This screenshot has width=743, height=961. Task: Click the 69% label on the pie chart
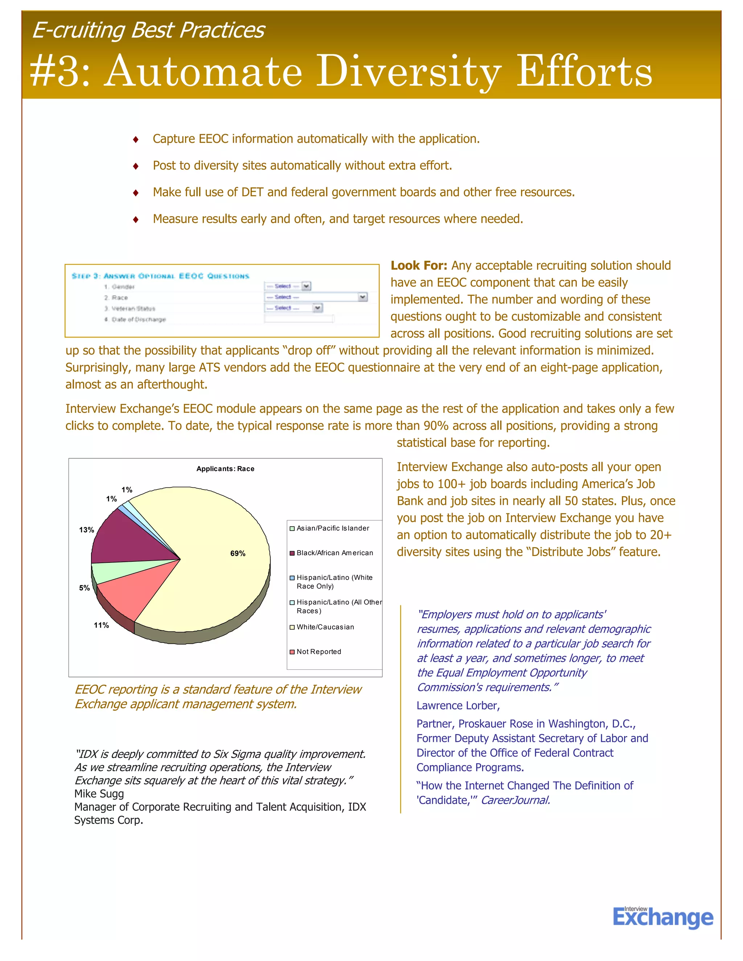pyautogui.click(x=238, y=553)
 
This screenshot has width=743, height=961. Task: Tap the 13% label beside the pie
pyautogui.click(x=86, y=530)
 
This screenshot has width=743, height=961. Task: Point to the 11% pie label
pyautogui.click(x=101, y=625)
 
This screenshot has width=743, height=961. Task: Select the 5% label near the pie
pyautogui.click(x=85, y=588)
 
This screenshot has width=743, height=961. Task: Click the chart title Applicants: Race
pyautogui.click(x=225, y=469)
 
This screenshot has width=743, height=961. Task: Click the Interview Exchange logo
pyautogui.click(x=662, y=917)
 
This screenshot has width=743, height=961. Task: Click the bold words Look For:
pyautogui.click(x=419, y=266)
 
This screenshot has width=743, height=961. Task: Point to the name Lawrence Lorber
pyautogui.click(x=458, y=706)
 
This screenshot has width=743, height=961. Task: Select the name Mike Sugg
pyautogui.click(x=99, y=794)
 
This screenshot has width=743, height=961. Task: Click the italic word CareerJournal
pyautogui.click(x=515, y=800)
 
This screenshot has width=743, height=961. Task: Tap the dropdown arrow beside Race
pyautogui.click(x=362, y=297)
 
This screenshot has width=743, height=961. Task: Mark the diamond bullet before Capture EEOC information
pyautogui.click(x=136, y=140)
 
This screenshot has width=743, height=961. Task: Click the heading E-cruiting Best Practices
pyautogui.click(x=149, y=30)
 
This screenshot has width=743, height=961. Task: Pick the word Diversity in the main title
pyautogui.click(x=409, y=71)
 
